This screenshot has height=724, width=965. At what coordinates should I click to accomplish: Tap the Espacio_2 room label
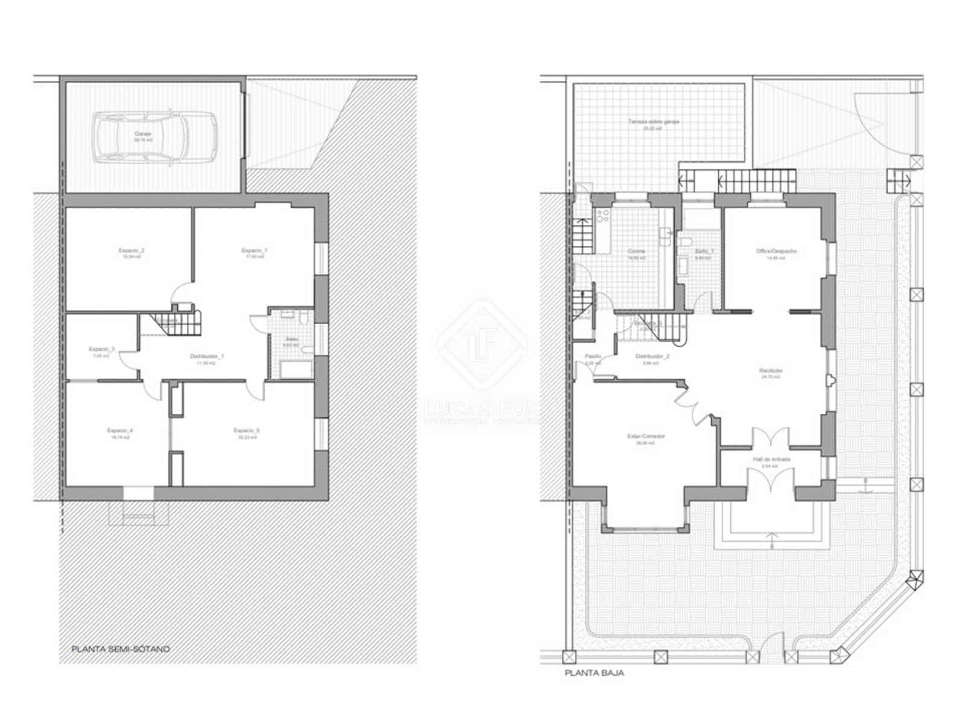tap(131, 250)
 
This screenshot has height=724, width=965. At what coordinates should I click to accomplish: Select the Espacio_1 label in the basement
tap(254, 250)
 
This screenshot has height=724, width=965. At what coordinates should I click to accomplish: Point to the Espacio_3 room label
tap(101, 349)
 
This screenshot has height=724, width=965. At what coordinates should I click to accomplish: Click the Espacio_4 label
tap(119, 431)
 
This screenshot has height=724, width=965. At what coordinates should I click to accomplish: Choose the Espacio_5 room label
tap(246, 431)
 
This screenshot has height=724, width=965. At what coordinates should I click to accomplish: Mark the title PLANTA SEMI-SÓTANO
tap(121, 650)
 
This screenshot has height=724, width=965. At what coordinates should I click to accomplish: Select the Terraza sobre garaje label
tap(645, 122)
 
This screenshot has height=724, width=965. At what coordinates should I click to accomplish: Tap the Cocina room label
tap(636, 251)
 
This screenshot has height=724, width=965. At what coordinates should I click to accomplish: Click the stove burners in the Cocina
tap(602, 216)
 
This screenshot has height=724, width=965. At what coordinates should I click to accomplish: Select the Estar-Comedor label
tap(645, 436)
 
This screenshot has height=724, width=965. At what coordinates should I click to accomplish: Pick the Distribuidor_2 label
tap(652, 357)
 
